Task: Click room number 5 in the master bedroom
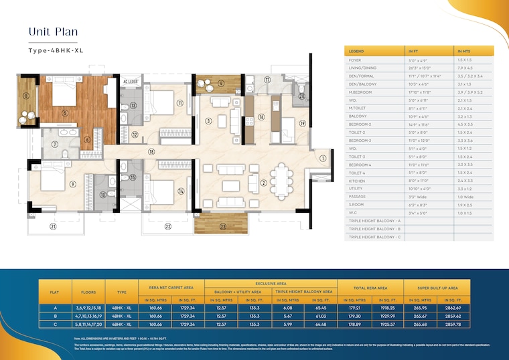point(64,113)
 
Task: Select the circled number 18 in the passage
point(152,153)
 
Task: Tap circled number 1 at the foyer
point(323,158)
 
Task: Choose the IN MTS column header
point(465,51)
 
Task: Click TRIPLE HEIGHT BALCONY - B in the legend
point(374,229)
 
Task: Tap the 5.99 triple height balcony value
point(287,324)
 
